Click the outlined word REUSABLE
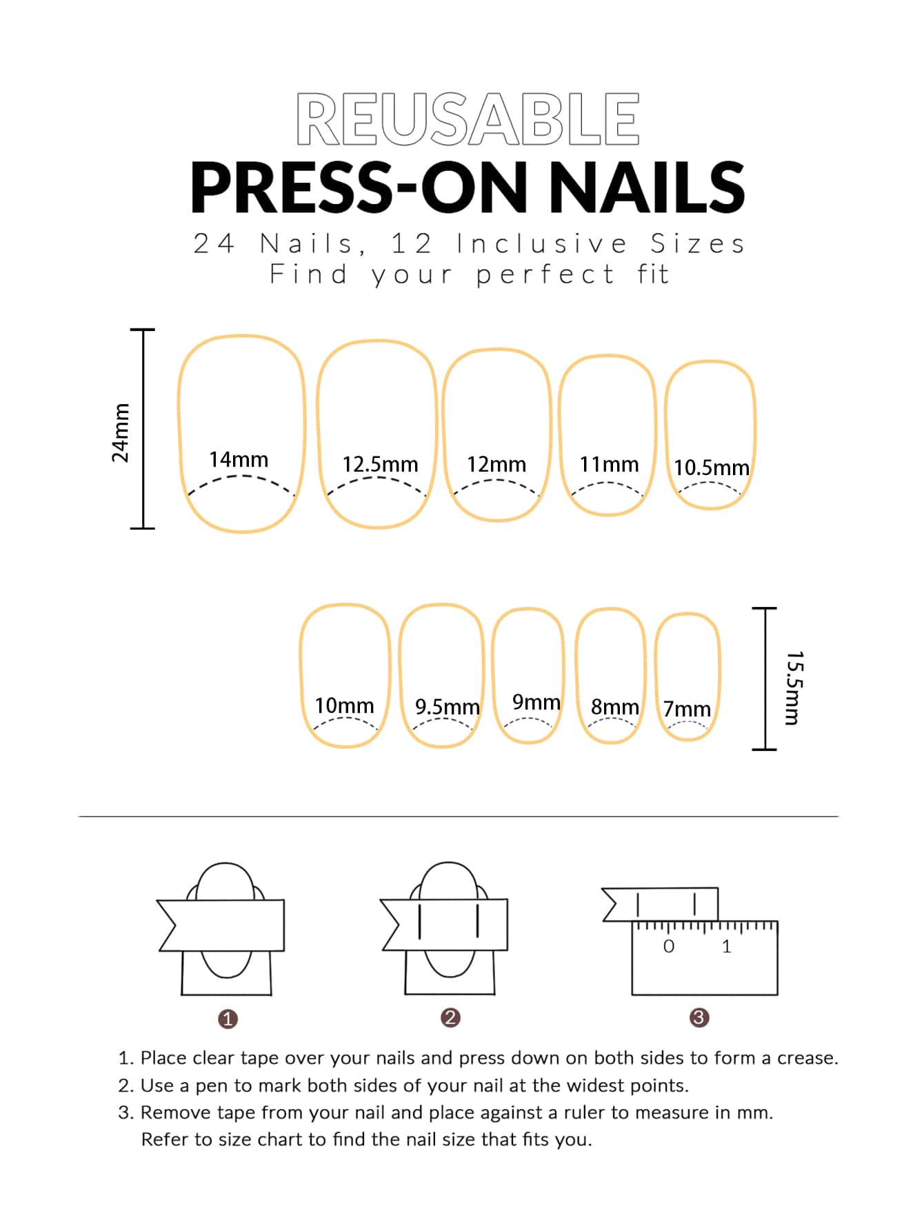tap(468, 119)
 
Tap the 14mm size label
tap(239, 459)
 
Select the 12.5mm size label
tap(380, 464)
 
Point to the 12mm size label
tap(496, 464)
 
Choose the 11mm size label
tap(609, 464)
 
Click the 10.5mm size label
tap(711, 468)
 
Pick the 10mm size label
tap(344, 705)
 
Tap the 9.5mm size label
tap(447, 707)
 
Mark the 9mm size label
tap(536, 702)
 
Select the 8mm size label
tap(614, 707)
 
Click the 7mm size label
tap(687, 708)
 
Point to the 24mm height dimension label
tap(121, 432)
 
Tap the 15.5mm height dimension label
tap(793, 688)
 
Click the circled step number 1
tap(228, 1019)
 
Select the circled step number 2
tap(450, 1018)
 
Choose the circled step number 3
tap(699, 1017)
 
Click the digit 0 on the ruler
tap(668, 946)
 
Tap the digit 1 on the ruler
tap(727, 946)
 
